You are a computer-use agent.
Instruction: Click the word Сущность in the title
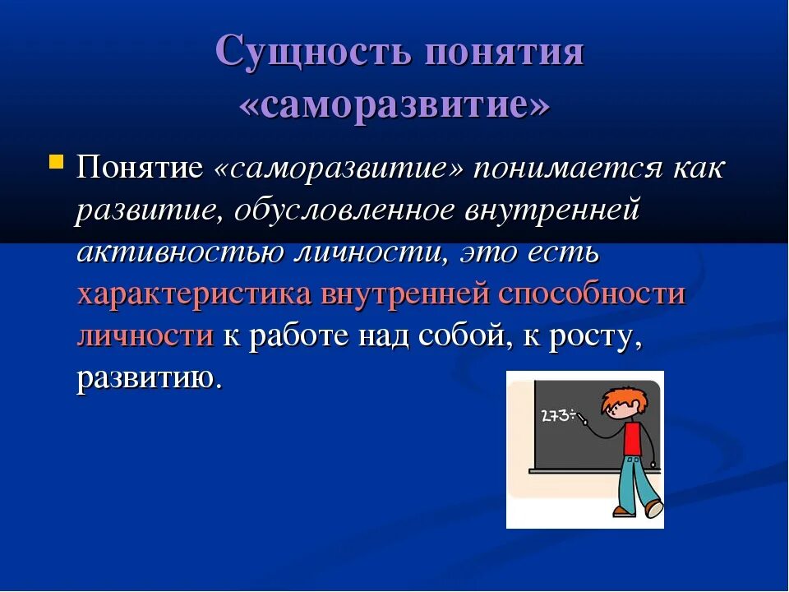(x=312, y=51)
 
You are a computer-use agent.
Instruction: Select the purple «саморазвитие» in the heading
(x=394, y=106)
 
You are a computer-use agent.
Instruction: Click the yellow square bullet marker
(x=57, y=162)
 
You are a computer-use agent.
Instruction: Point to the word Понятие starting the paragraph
(x=140, y=167)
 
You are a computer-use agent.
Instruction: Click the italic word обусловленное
(x=344, y=210)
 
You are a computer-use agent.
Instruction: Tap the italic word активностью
(x=178, y=252)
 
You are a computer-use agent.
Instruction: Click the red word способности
(x=592, y=294)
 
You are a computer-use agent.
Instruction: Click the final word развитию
(x=149, y=378)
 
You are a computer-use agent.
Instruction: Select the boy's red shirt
(x=634, y=439)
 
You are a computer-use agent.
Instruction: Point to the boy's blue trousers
(x=636, y=482)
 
